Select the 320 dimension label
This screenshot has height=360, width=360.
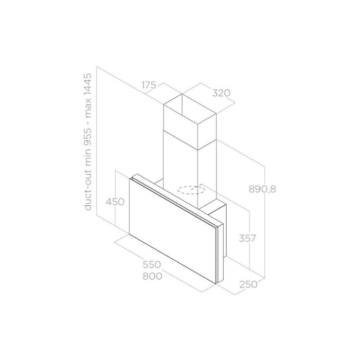[220, 93]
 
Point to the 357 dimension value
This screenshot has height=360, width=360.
[247, 239]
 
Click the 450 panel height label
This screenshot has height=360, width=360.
[116, 202]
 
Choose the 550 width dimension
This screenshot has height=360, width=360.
[152, 265]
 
